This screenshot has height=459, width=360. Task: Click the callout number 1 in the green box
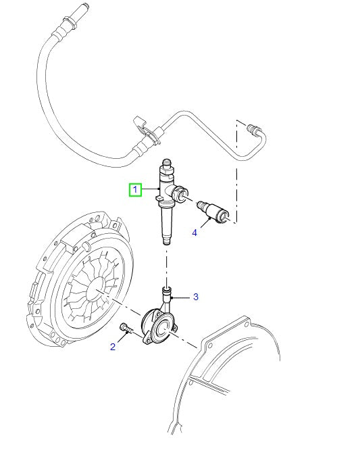pyautogui.click(x=136, y=190)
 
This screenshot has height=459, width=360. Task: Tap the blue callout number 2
pyautogui.click(x=113, y=347)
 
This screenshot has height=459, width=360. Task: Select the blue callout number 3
pyautogui.click(x=195, y=296)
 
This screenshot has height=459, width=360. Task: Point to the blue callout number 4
pyautogui.click(x=195, y=233)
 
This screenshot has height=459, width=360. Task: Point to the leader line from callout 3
pyautogui.click(x=182, y=296)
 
